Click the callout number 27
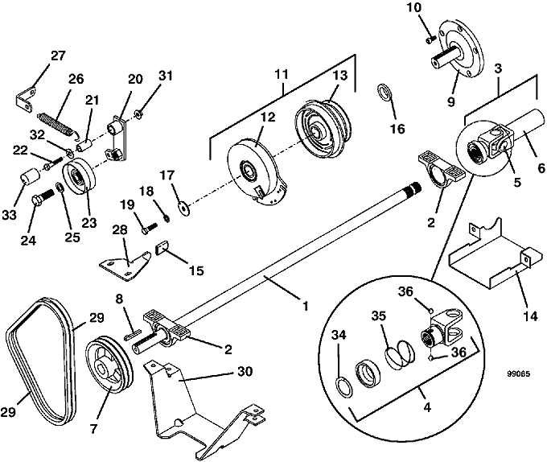58,56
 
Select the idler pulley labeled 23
78,178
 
